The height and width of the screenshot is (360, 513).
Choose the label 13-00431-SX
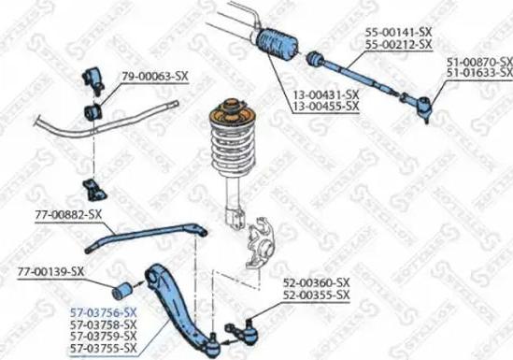pyautogui.click(x=325, y=95)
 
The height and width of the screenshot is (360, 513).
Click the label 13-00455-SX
pyautogui.click(x=325, y=107)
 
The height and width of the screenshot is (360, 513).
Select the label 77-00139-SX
pyautogui.click(x=50, y=272)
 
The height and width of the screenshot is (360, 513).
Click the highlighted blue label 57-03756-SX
pyautogui.click(x=105, y=311)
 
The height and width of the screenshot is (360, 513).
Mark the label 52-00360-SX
pyautogui.click(x=317, y=282)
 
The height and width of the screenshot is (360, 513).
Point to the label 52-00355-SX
pyautogui.click(x=317, y=295)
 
